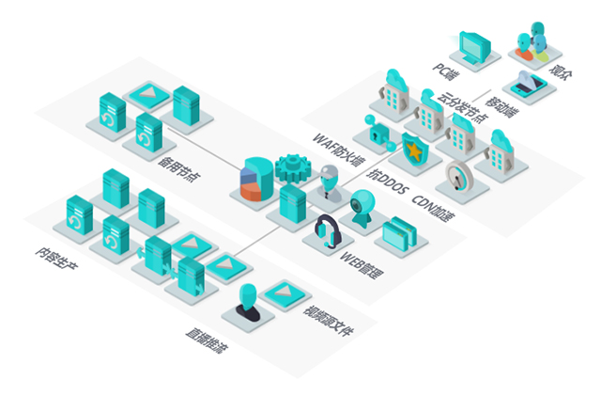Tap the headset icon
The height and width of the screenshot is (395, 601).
[x=327, y=229]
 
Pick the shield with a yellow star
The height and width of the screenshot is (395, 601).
[x=411, y=149]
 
